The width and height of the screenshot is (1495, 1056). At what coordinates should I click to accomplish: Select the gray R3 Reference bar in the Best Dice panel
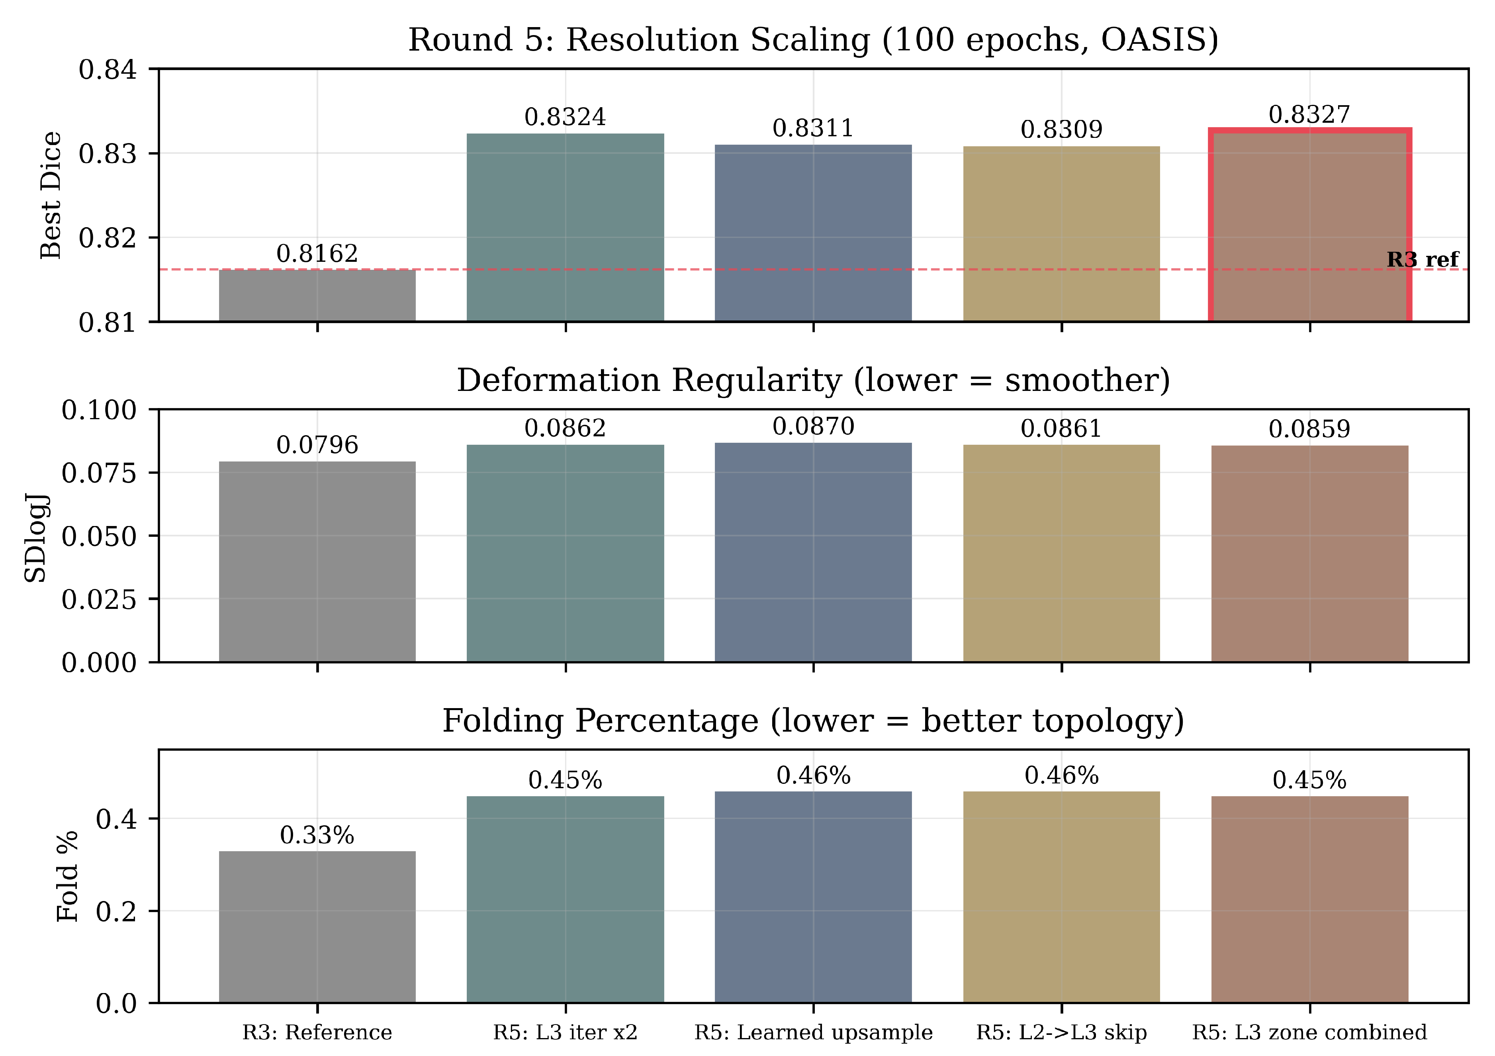coord(317,295)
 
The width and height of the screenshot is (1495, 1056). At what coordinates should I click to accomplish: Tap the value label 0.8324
coord(565,117)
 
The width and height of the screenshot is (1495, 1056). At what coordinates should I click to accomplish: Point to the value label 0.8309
coord(1061,130)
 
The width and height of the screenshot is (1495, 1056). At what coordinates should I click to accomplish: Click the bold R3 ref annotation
coord(1423,259)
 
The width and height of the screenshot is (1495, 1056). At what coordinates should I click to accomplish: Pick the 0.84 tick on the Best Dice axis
coord(108,69)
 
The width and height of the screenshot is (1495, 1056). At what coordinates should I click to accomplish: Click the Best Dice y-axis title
coord(51,195)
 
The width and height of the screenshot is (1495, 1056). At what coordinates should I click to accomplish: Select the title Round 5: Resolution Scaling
coord(813,40)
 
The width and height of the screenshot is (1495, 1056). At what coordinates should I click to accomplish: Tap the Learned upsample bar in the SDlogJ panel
coord(813,552)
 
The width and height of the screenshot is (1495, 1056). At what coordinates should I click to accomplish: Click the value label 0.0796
coord(317,445)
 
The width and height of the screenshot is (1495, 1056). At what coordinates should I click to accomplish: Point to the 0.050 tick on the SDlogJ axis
coord(99,536)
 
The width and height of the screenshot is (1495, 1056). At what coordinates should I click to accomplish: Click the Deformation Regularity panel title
coord(813,381)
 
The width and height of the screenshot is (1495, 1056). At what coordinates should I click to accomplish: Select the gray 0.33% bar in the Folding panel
coord(317,927)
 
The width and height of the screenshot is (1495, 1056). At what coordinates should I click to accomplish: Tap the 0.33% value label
coord(317,835)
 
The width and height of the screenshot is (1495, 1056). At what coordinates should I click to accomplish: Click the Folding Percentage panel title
coord(813,721)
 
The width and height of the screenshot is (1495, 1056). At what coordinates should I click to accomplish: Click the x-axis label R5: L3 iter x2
coord(565,1032)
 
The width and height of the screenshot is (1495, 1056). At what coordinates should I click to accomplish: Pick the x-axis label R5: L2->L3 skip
coord(1061,1032)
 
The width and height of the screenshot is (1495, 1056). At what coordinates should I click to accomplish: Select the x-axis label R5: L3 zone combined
coord(1309,1032)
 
